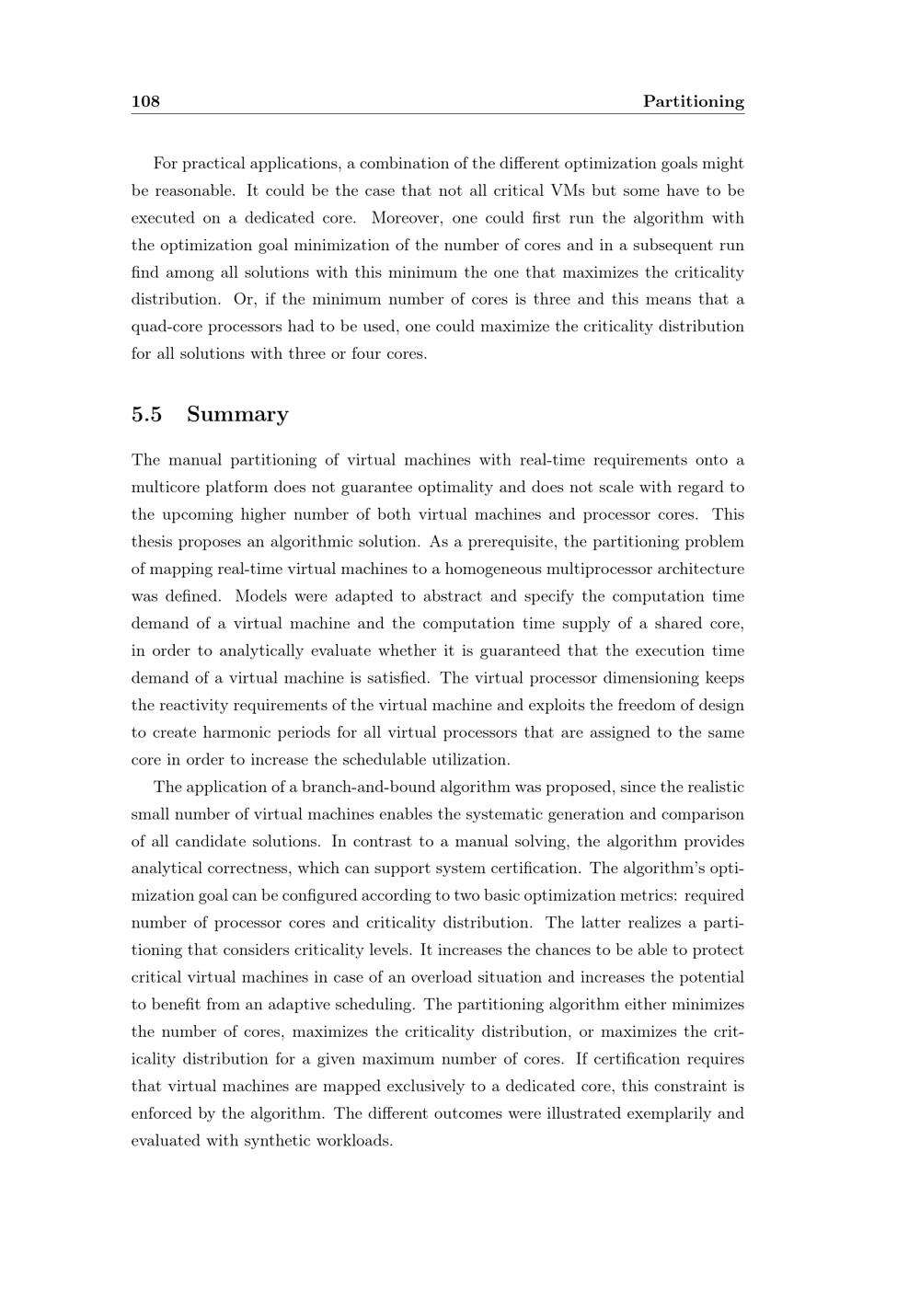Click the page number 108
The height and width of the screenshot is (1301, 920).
tap(145, 101)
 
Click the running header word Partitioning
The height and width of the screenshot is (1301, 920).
tap(693, 101)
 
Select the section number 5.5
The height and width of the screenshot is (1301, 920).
tap(147, 414)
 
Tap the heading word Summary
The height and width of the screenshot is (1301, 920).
tap(237, 414)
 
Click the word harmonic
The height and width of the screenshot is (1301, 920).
tap(250, 732)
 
